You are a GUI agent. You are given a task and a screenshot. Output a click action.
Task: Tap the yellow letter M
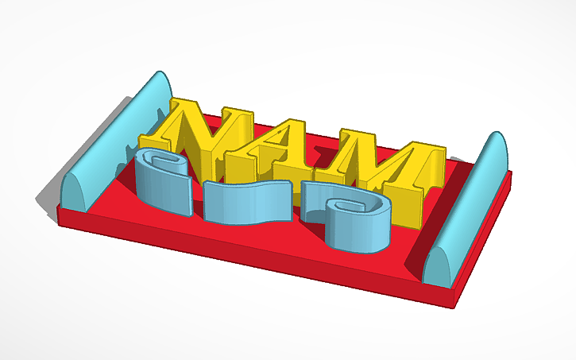pos(389,171)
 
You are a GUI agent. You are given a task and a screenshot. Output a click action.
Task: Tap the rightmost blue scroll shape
pos(354,219)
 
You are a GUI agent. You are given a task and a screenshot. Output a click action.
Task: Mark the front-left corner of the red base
pos(60,211)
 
